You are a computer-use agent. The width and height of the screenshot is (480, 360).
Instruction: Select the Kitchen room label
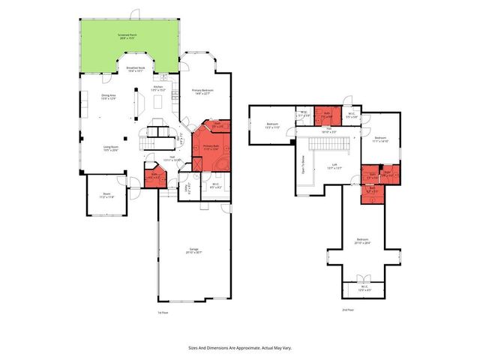158,88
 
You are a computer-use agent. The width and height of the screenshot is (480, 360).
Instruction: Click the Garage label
194,251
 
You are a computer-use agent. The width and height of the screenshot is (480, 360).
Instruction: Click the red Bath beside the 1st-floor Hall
154,178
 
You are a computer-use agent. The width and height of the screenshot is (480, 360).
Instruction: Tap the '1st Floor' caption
162,312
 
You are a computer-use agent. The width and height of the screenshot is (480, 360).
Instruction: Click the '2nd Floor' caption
347,309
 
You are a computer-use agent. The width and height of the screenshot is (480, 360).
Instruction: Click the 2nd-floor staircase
328,142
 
